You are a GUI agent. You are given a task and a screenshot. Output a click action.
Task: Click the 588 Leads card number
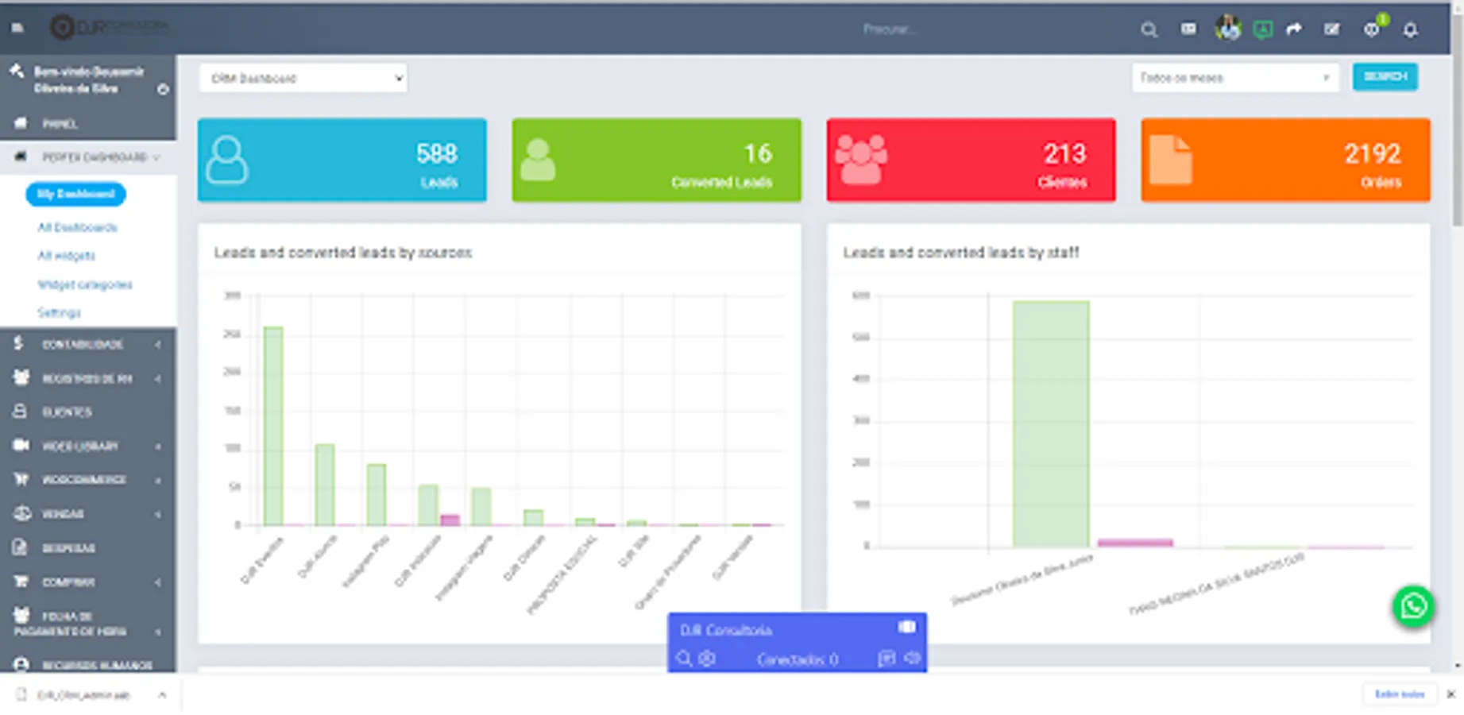(436, 153)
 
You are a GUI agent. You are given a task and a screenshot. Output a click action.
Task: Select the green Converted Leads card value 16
(757, 153)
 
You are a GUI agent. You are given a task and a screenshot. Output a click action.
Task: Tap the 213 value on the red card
(1064, 153)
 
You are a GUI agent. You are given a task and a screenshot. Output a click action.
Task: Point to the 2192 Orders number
(1372, 153)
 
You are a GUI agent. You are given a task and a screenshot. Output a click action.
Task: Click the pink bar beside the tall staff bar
(1134, 543)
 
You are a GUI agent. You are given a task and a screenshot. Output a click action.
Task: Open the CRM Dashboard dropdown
(303, 78)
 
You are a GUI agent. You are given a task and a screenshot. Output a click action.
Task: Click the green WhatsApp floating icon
(1413, 607)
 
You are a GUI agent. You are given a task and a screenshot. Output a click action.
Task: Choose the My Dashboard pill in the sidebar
(75, 194)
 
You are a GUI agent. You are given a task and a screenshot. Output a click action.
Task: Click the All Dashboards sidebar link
(77, 227)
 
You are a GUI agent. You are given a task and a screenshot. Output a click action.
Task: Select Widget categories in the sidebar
(84, 284)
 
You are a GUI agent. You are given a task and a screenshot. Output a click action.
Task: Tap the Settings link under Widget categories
(59, 312)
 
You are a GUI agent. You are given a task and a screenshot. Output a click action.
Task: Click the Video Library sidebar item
(79, 446)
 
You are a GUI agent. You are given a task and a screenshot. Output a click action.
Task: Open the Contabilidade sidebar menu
(83, 344)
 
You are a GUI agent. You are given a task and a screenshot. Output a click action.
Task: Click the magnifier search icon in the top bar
(1149, 30)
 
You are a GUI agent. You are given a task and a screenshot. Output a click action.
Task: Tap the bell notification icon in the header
(1410, 30)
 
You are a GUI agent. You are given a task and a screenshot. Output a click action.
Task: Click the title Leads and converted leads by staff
(960, 253)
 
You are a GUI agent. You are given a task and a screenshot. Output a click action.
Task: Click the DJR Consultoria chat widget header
(796, 629)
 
